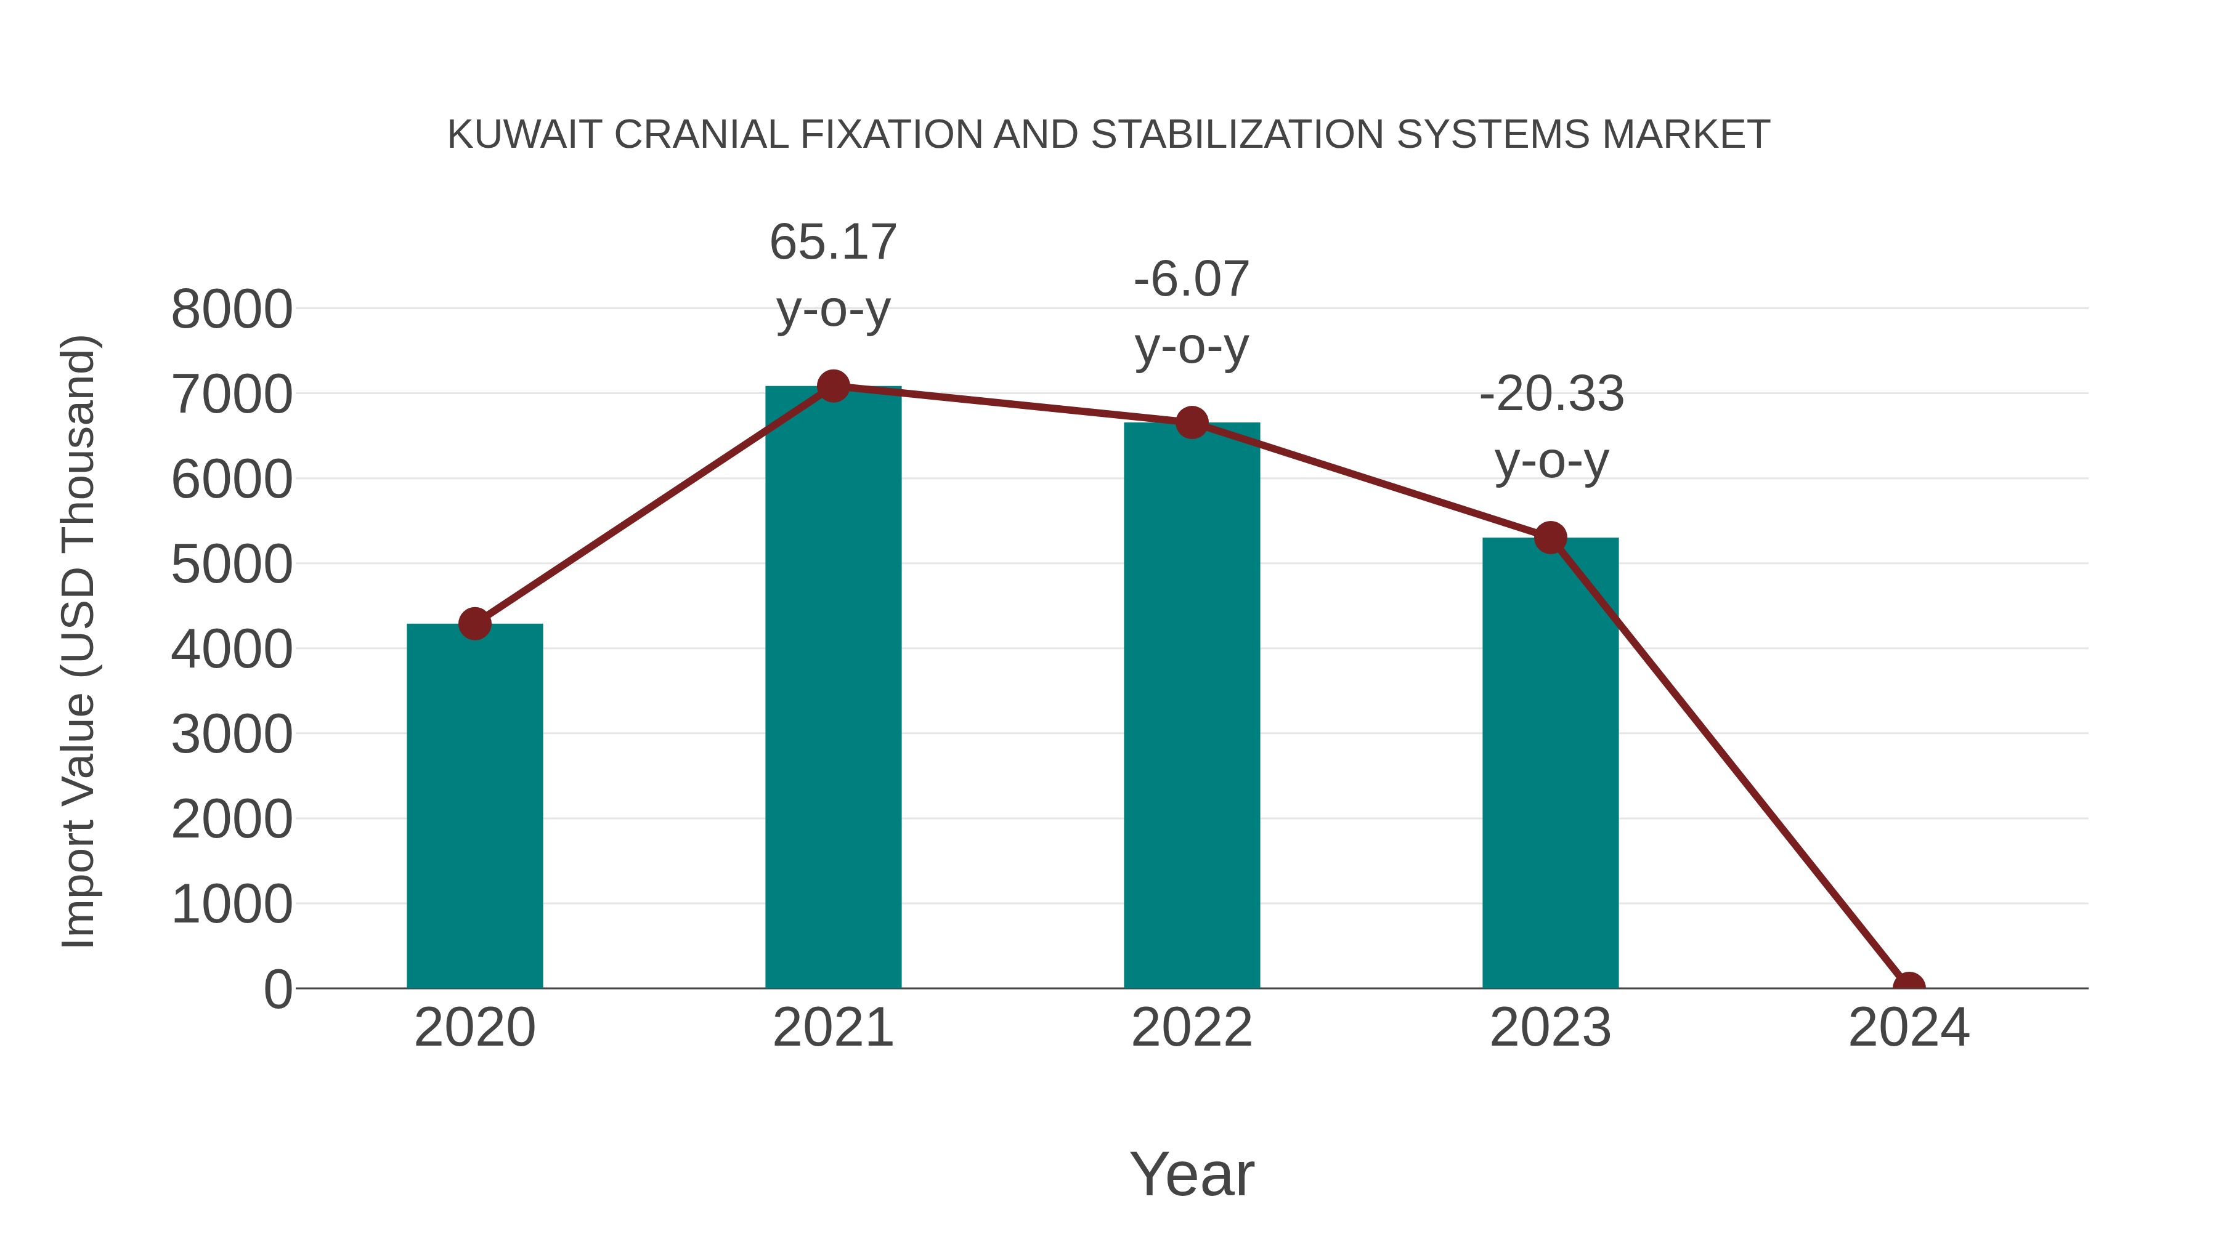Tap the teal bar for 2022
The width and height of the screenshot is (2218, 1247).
pos(1192,705)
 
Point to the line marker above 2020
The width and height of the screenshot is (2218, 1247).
pos(474,623)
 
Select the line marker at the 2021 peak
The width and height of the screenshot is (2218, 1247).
pos(832,386)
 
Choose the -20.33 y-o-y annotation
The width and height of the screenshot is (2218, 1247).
pos(1551,428)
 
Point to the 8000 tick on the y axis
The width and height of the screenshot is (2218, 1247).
pos(232,310)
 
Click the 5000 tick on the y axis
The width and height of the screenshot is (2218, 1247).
pos(232,565)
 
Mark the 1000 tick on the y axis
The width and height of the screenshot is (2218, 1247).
pos(232,905)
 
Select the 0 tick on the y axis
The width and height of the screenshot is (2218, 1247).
pos(277,989)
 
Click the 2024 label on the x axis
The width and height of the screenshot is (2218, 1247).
pos(1908,1028)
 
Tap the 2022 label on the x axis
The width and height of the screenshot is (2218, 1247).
pos(1192,1028)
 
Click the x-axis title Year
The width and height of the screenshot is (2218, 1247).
pos(1192,1174)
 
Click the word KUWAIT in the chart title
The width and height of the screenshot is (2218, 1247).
pos(524,135)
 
